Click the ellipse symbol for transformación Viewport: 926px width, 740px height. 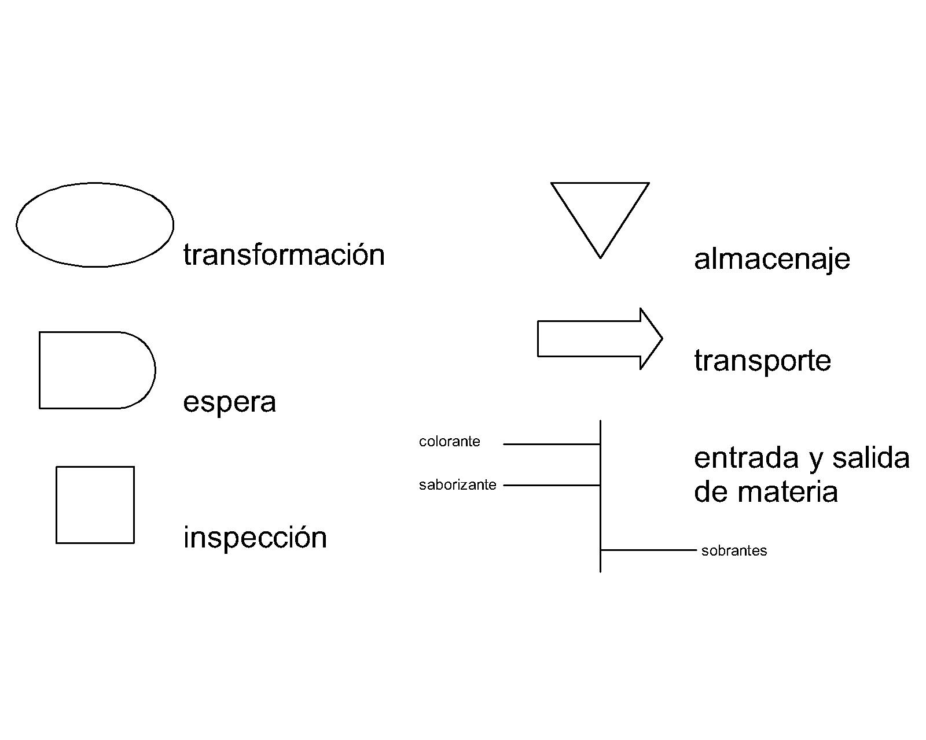click(x=95, y=225)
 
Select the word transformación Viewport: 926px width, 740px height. click(x=284, y=255)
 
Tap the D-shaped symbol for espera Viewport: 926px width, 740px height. click(x=96, y=370)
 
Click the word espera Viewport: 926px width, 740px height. click(x=229, y=402)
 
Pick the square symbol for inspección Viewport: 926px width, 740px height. click(x=95, y=505)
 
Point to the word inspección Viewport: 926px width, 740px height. click(x=255, y=538)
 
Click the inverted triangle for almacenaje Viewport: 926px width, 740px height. click(x=600, y=211)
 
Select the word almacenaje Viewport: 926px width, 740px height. click(x=771, y=259)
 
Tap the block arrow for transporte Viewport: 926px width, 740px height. click(x=596, y=339)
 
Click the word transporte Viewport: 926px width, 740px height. click(x=762, y=361)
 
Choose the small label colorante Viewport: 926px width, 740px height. click(x=449, y=442)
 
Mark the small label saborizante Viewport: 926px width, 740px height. click(x=457, y=485)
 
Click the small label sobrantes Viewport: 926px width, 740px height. click(x=734, y=551)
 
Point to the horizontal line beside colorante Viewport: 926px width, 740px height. click(x=551, y=444)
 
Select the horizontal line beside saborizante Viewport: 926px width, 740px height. click(x=551, y=485)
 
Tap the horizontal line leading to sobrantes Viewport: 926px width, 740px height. click(x=648, y=550)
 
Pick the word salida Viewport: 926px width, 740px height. click(x=870, y=458)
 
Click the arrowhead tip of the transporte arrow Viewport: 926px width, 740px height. click(x=661, y=339)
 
